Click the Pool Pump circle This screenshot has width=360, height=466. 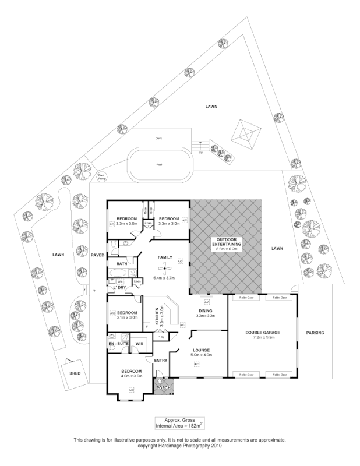[x=101, y=175]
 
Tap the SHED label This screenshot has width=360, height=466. [x=74, y=373]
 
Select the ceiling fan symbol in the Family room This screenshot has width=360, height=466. [x=166, y=269]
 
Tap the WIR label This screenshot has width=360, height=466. [x=140, y=344]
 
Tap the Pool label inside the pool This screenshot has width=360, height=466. [x=159, y=165]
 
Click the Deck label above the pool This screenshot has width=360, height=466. [x=158, y=138]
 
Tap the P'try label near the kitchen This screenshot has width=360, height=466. [x=160, y=336]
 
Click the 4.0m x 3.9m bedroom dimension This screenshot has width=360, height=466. [x=131, y=376]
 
